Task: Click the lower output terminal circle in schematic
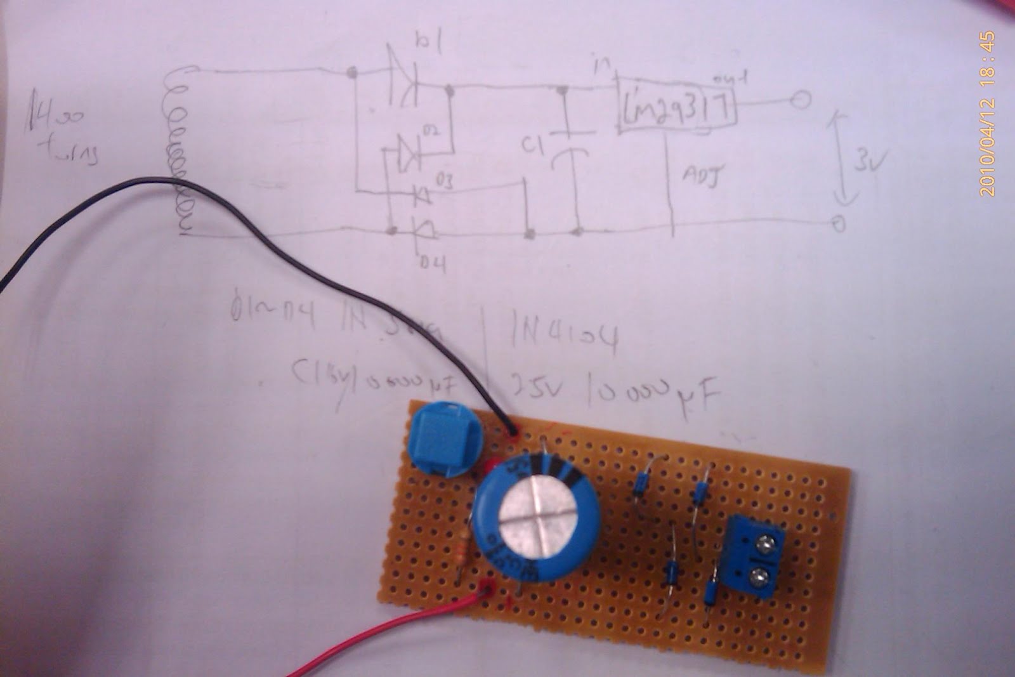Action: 839,224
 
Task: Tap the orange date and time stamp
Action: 988,114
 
